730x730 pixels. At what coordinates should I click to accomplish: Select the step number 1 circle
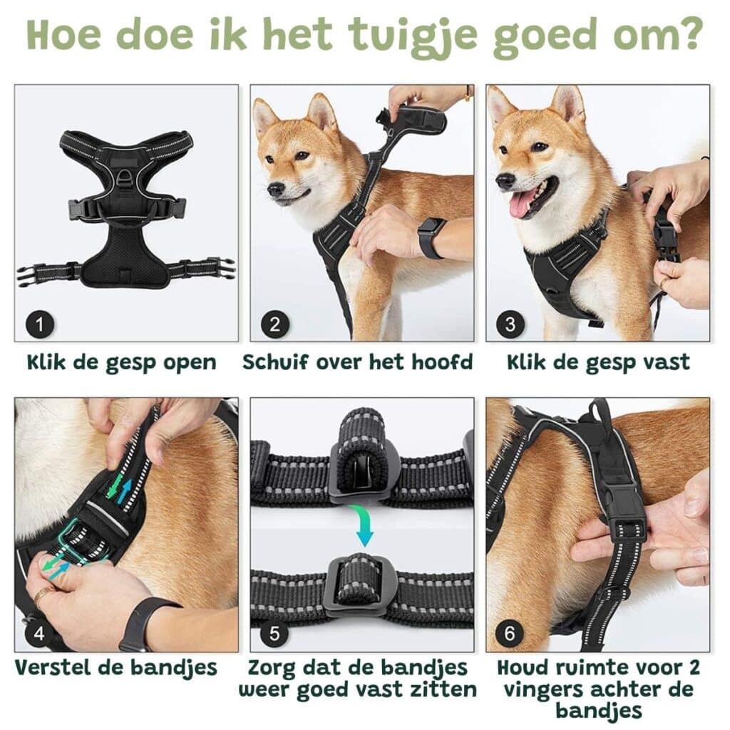click(x=40, y=324)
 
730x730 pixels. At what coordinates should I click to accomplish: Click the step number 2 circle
click(x=275, y=324)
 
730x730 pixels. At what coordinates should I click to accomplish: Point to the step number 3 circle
click(x=510, y=324)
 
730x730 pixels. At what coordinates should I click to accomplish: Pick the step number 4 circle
click(x=40, y=633)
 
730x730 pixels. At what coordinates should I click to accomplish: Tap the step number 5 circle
click(x=274, y=633)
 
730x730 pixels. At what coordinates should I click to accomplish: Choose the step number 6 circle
click(x=510, y=633)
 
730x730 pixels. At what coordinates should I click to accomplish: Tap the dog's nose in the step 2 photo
click(x=276, y=189)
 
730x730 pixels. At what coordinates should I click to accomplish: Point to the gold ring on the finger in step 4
click(x=42, y=595)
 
